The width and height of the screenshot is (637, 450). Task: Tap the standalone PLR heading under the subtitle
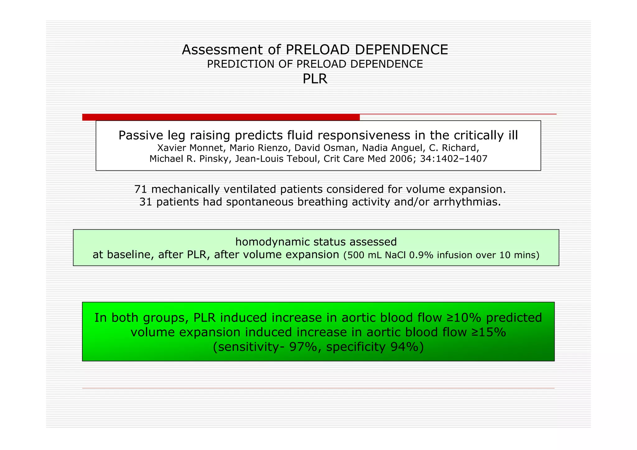point(315,79)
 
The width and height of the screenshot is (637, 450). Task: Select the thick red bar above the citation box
point(221,117)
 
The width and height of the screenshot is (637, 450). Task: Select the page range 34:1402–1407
point(453,159)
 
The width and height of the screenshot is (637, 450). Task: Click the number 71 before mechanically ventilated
point(141,189)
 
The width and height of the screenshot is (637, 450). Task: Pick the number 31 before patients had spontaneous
point(146,202)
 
